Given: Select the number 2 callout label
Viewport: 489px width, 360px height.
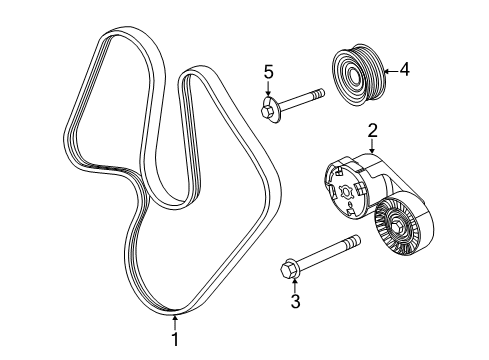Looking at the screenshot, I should point(371,129).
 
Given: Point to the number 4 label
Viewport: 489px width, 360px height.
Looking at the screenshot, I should point(404,70).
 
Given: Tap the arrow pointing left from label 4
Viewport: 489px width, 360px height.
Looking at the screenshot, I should point(389,71).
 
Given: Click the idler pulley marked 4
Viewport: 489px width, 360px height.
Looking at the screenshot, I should point(356,72).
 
